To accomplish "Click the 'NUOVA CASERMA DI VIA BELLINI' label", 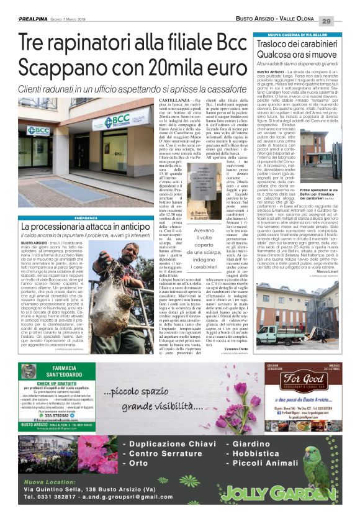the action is [298, 35].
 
